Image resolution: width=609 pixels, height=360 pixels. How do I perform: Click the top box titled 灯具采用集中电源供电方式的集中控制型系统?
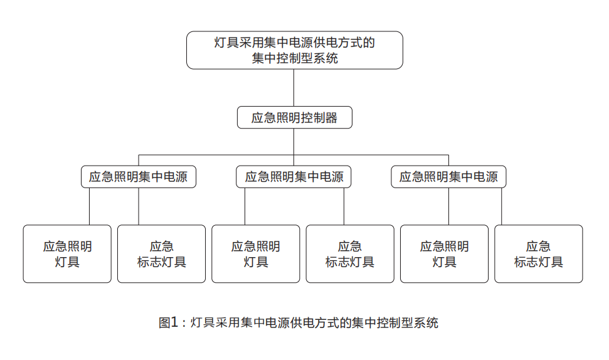294,50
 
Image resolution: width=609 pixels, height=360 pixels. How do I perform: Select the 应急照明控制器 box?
294,117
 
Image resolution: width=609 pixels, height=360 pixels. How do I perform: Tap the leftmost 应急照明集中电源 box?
138,177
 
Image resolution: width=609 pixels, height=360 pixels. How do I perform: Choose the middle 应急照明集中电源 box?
294,177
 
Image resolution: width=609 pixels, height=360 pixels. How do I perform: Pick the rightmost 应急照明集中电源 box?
448,177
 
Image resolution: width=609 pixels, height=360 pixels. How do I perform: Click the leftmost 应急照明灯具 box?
67,253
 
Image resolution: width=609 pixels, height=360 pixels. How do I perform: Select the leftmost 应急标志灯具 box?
162,253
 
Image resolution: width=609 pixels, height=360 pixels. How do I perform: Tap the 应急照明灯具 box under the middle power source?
255,253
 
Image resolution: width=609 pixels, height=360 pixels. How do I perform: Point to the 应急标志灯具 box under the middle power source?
350,253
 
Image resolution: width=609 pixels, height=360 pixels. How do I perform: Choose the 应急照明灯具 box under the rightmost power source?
444,253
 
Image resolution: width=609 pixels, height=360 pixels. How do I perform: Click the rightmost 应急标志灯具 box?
539,253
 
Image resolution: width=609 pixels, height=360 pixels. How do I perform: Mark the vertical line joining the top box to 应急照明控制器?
294,88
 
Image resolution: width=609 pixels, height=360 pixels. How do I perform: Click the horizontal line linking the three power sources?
294,155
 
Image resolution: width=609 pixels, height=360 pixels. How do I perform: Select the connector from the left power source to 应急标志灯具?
139,206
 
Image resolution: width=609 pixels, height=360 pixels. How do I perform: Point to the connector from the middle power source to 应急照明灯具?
245,206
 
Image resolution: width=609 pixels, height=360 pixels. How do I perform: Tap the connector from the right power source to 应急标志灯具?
501,206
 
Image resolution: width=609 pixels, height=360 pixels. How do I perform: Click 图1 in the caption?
168,322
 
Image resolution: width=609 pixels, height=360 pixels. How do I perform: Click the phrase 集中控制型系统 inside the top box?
295,58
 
